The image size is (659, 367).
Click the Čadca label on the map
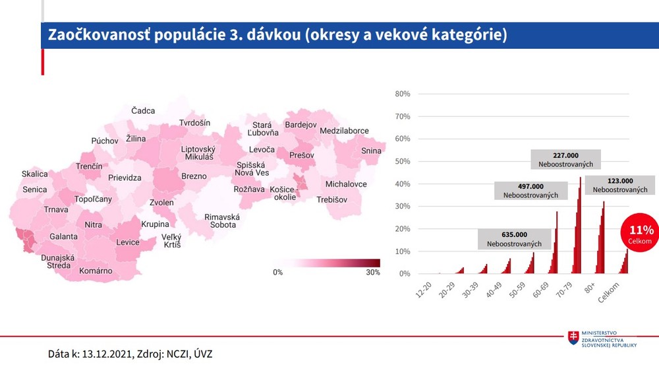[143, 110]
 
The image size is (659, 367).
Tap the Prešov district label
[302, 155]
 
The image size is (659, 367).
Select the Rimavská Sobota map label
[222, 220]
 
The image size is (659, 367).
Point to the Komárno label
[96, 271]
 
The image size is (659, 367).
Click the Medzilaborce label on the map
[344, 131]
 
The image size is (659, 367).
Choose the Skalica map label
[35, 174]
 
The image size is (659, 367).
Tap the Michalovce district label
[346, 183]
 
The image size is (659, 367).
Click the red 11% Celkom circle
[641, 234]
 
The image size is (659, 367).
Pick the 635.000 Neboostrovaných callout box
[514, 239]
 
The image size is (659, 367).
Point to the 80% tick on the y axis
[403, 94]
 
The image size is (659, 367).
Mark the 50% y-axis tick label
[403, 161]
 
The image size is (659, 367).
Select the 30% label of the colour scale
[372, 272]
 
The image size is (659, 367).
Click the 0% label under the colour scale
[277, 272]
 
